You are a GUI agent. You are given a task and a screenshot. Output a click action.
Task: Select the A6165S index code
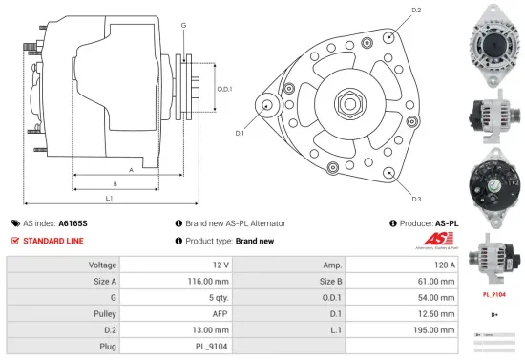tap(73, 222)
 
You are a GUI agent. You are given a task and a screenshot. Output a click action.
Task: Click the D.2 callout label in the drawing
tap(416, 10)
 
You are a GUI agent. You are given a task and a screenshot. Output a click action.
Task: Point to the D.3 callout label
tap(416, 199)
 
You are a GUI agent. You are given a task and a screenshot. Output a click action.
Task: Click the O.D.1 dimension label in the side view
tap(225, 89)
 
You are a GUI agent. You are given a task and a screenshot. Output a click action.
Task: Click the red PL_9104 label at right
tap(494, 295)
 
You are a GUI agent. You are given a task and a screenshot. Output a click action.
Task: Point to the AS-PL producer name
tap(447, 222)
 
